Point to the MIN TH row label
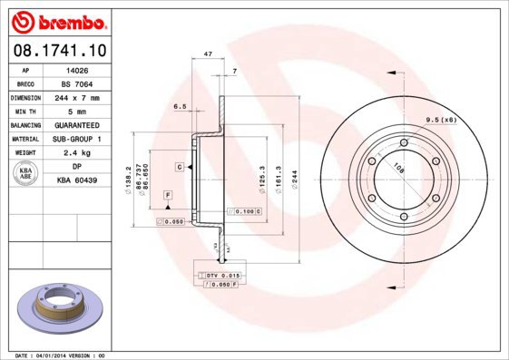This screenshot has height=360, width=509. pos(24,111)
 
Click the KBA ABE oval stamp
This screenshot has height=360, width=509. pos(25,174)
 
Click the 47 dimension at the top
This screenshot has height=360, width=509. pos(208,55)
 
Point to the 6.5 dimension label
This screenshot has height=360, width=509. pos(180,107)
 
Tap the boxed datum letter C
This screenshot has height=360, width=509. pos(181,168)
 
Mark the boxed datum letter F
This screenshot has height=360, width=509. pos(168,196)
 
